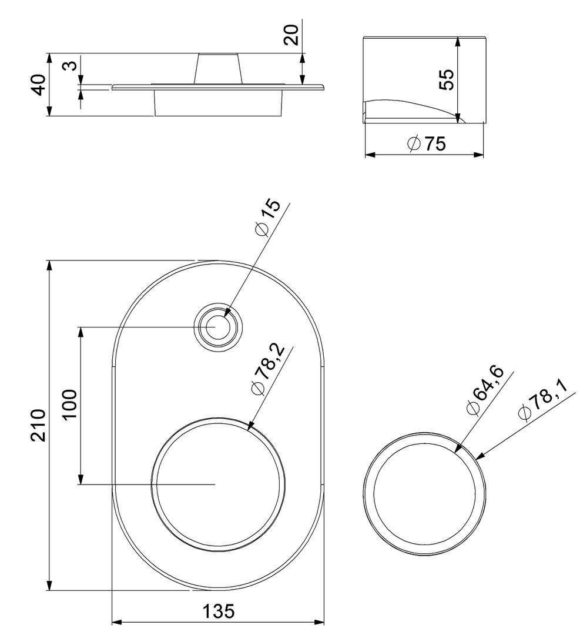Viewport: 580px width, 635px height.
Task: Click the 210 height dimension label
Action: click(39, 425)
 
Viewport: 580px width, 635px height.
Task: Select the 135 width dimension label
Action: click(218, 611)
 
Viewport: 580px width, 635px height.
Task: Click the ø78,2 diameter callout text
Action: click(268, 370)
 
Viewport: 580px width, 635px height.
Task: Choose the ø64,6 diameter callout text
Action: click(484, 390)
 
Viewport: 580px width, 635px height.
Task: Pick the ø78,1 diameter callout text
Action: click(542, 400)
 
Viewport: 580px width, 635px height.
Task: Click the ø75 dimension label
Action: click(427, 143)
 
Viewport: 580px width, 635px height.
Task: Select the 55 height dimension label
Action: click(447, 79)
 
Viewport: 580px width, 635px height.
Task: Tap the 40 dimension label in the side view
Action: click(39, 85)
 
